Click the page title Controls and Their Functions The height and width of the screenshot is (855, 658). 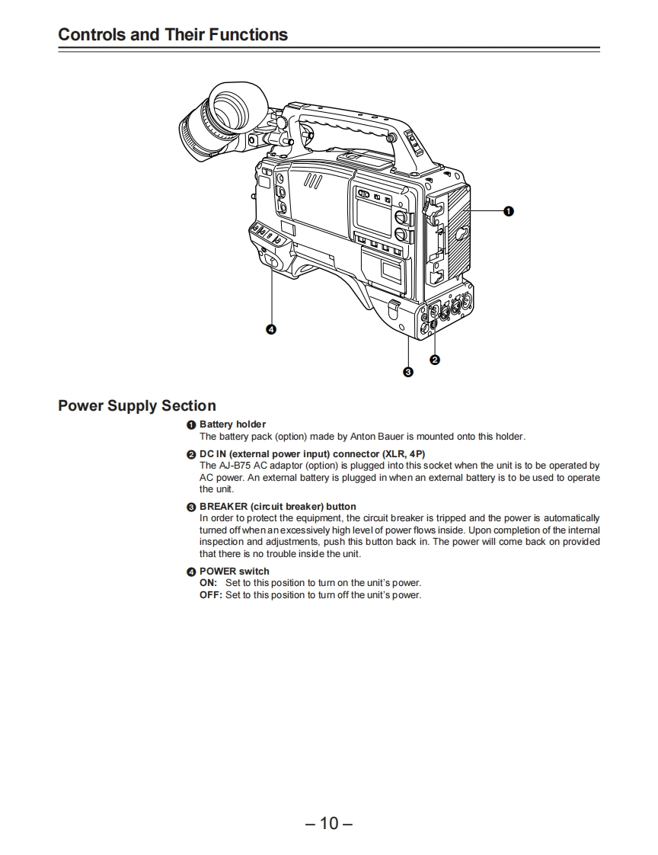173,34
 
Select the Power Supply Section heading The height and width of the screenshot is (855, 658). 137,405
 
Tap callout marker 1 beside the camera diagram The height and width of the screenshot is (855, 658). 508,210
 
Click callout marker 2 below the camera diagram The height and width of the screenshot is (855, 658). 434,360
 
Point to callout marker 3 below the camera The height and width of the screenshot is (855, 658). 408,372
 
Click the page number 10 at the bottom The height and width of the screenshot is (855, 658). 329,823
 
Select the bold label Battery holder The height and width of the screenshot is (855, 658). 232,424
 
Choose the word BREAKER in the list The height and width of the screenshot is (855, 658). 223,507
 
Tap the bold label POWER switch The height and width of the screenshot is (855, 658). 234,572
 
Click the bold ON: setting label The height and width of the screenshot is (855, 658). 208,583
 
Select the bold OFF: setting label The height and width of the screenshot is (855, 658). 210,595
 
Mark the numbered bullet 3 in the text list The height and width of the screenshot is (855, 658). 191,507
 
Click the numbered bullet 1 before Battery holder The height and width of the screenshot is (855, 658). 191,424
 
